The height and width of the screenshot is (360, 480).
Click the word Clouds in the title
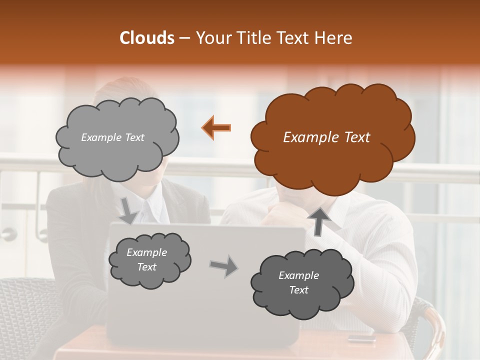[147, 38]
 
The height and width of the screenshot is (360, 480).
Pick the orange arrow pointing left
[216, 128]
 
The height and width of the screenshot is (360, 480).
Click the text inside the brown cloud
[326, 137]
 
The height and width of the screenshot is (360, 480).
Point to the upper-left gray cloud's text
[112, 137]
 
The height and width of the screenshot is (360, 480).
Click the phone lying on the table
[361, 337]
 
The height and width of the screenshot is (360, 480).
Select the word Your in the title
[213, 38]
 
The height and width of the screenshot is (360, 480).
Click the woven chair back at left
[25, 310]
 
